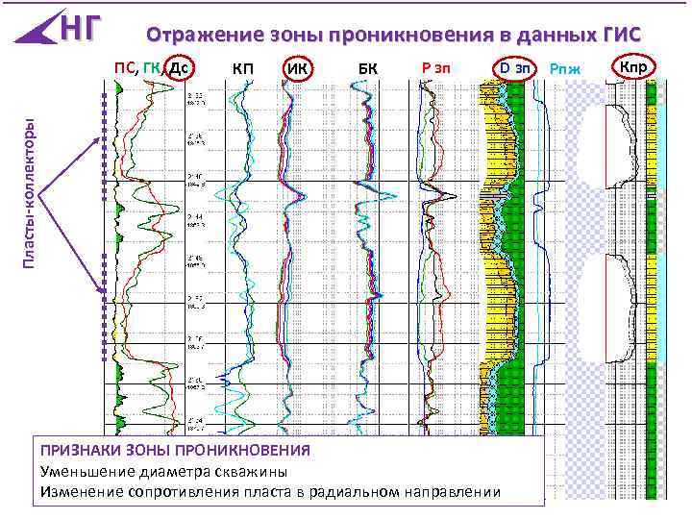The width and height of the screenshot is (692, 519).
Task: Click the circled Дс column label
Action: pos(177,68)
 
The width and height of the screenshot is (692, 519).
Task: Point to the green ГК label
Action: pos(151,67)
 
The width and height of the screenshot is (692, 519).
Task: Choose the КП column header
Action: pos(243,68)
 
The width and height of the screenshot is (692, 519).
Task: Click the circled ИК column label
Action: pos(298,69)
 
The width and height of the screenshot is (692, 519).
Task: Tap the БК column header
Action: pos(368,69)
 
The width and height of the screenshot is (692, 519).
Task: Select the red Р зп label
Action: pos(437,67)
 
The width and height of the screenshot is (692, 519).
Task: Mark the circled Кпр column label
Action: pos(632,67)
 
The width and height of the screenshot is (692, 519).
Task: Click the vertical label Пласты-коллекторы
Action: pos(30,192)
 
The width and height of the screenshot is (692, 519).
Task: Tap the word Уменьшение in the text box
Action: pos(84,471)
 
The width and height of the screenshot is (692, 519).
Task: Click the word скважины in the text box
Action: pos(256,471)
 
